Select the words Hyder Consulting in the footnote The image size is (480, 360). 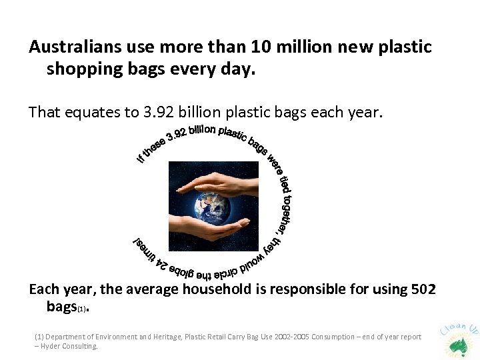(69, 346)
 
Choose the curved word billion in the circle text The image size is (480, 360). (202, 131)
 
